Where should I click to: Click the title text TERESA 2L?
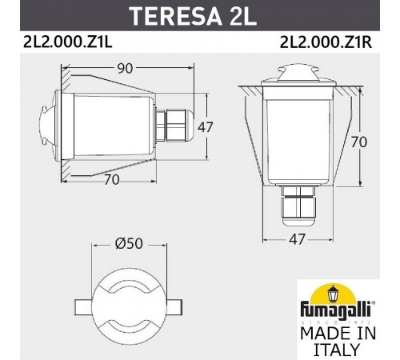coord(200,17)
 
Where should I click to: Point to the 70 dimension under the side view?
coord(111,179)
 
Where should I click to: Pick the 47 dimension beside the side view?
coord(206,127)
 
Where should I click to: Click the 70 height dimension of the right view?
coord(359,142)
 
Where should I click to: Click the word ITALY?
coord(337,350)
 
